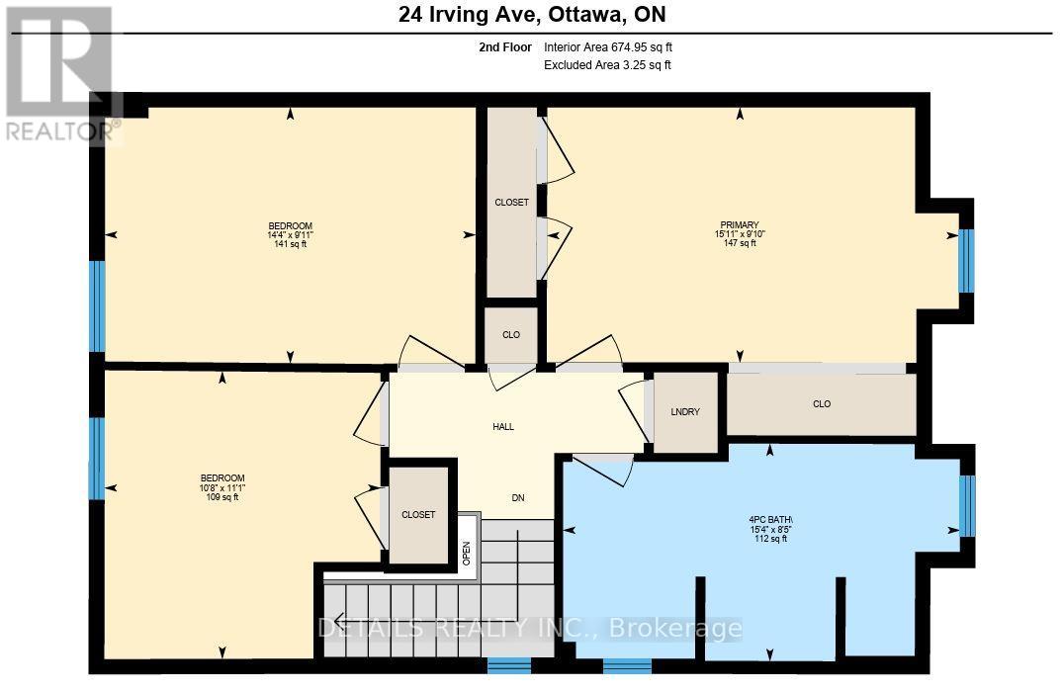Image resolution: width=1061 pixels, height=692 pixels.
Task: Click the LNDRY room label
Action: click(x=684, y=411)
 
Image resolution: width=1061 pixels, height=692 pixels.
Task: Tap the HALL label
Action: click(x=503, y=427)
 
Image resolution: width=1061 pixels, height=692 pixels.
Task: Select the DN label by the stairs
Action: click(x=517, y=497)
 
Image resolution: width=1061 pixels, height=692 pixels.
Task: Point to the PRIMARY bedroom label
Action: click(x=739, y=225)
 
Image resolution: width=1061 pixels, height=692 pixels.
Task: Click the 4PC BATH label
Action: click(x=771, y=520)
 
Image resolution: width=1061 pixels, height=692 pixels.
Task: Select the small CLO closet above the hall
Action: click(x=510, y=335)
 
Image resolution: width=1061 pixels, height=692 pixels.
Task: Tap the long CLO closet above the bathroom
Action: click(x=821, y=403)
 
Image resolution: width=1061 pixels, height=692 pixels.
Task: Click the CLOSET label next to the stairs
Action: click(x=418, y=515)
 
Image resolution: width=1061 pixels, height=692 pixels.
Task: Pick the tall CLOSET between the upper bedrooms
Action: click(x=511, y=203)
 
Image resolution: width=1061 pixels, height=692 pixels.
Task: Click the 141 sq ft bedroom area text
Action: click(x=290, y=245)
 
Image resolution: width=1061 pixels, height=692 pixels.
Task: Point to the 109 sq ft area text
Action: click(x=221, y=497)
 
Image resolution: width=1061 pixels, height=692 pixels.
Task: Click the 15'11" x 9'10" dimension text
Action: click(x=740, y=234)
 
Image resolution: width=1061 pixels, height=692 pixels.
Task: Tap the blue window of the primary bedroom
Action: click(x=966, y=261)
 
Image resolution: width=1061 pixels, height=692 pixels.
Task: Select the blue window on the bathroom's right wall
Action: click(x=967, y=504)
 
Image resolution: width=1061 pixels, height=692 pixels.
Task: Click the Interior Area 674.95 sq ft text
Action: click(x=608, y=46)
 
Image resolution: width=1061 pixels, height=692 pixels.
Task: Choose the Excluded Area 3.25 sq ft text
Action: click(x=607, y=65)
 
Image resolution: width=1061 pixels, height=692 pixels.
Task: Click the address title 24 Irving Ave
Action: click(x=530, y=15)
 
